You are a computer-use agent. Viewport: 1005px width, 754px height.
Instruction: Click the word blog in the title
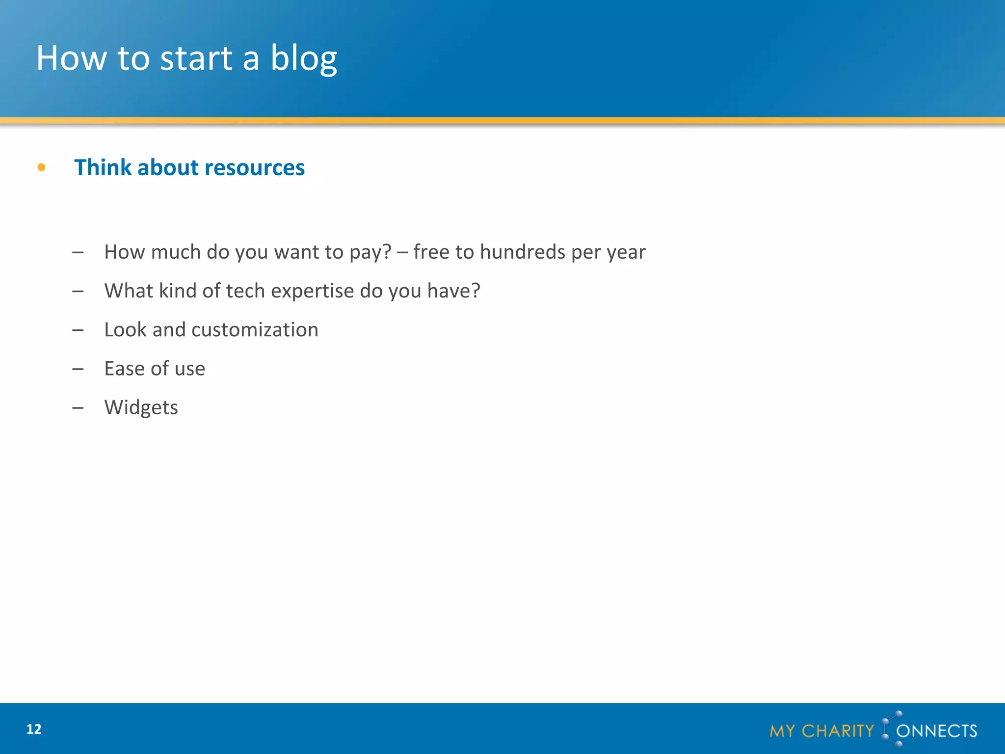pyautogui.click(x=304, y=58)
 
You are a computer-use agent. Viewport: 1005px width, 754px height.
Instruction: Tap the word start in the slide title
pyautogui.click(x=196, y=58)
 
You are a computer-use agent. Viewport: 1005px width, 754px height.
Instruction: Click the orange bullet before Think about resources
pyautogui.click(x=41, y=168)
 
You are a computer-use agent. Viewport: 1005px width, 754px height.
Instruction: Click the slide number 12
pyautogui.click(x=34, y=729)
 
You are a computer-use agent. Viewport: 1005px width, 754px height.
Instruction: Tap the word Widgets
pyautogui.click(x=141, y=407)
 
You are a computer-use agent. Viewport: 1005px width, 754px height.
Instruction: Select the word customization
pyautogui.click(x=255, y=330)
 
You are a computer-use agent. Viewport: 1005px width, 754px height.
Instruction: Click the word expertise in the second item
pyautogui.click(x=312, y=291)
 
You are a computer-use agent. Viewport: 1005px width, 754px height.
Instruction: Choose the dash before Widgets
pyautogui.click(x=78, y=407)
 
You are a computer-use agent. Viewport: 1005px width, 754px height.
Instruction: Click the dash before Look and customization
pyautogui.click(x=78, y=330)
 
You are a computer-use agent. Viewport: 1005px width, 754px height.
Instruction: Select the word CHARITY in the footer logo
pyautogui.click(x=838, y=731)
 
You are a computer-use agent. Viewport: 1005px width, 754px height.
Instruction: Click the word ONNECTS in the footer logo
pyautogui.click(x=936, y=731)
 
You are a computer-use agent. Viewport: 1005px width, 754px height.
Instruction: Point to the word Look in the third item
pyautogui.click(x=125, y=330)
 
